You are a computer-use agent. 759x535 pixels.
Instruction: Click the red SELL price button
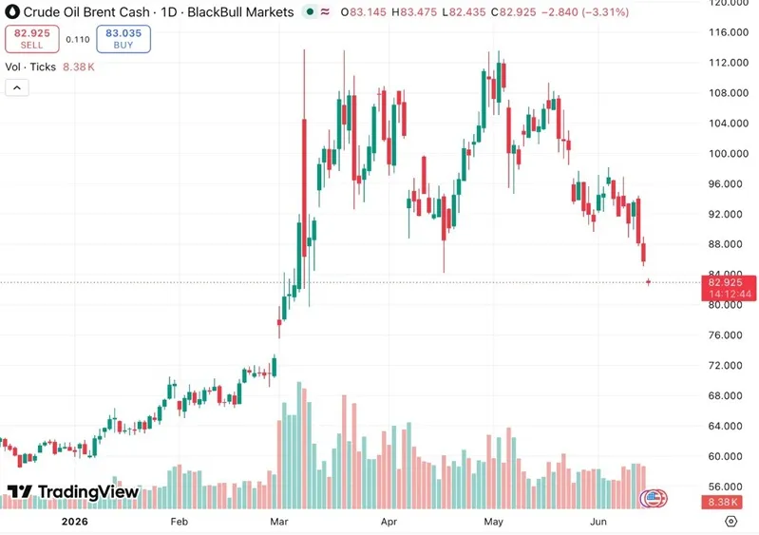click(32, 39)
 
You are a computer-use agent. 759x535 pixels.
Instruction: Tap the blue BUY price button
click(123, 39)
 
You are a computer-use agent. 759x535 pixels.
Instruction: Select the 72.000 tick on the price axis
click(725, 366)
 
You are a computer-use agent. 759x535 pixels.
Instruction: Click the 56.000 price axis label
click(725, 487)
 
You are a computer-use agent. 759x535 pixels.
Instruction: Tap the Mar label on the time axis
click(279, 522)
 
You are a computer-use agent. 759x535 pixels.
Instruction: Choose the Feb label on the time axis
click(180, 522)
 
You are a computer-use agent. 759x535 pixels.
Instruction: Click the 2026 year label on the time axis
click(74, 522)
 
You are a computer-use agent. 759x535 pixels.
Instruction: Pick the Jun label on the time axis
click(598, 522)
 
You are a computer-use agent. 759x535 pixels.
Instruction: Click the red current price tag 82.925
click(729, 288)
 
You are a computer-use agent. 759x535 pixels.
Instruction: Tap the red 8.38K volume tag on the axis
click(722, 502)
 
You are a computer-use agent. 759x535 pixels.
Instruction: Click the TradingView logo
click(72, 492)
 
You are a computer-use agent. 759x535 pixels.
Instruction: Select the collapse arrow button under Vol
click(17, 88)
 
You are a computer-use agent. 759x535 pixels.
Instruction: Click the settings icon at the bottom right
click(731, 521)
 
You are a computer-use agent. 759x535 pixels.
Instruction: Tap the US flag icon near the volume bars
click(653, 498)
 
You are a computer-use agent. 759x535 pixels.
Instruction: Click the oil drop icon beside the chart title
click(12, 11)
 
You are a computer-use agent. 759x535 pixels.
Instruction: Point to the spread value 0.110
click(78, 39)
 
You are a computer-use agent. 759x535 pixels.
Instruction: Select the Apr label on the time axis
click(389, 522)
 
